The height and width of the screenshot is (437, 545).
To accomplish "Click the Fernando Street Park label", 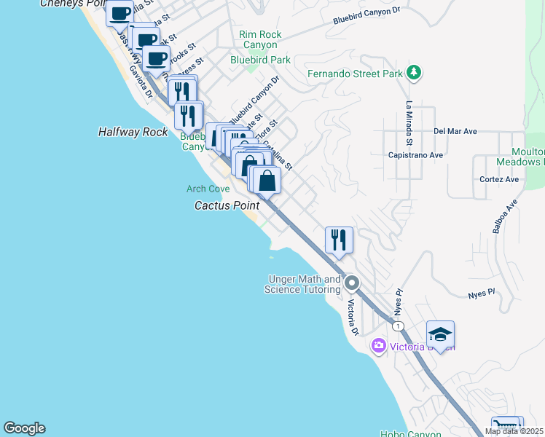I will (356, 74).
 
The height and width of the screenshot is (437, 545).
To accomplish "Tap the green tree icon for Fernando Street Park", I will (414, 72).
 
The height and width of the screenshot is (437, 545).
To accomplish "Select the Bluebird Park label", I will (260, 60).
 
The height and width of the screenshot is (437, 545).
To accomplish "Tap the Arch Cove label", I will (208, 189).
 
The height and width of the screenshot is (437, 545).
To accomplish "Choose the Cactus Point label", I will (227, 206).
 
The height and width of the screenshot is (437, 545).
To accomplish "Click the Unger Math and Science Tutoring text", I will (305, 284).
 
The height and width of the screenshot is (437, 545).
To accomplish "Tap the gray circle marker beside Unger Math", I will (352, 282).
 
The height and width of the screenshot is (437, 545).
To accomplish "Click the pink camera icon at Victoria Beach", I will (378, 345).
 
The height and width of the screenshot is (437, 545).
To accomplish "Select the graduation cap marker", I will (440, 334).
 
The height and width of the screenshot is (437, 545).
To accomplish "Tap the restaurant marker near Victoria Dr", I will (339, 240).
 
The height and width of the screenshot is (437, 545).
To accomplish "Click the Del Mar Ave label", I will (455, 132).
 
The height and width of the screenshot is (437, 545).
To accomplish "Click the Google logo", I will (24, 428).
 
